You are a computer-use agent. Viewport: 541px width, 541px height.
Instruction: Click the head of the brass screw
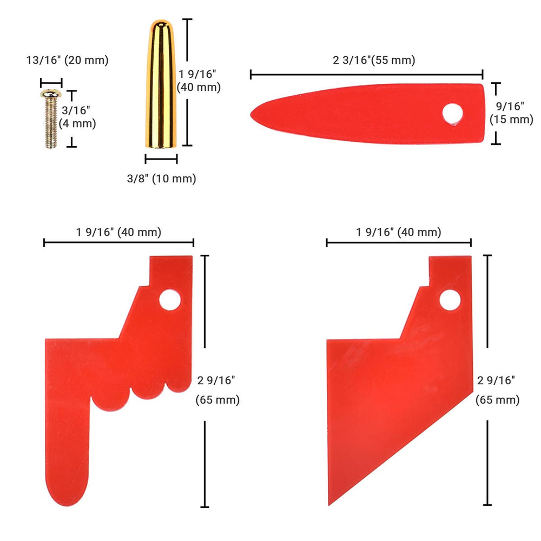click(51, 93)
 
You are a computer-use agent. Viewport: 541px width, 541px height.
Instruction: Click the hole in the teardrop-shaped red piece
click(452, 114)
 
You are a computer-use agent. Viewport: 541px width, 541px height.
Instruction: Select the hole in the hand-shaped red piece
click(170, 300)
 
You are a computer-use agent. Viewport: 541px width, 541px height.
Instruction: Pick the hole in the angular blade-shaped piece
click(450, 300)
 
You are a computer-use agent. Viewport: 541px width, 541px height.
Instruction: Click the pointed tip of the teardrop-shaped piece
click(251, 114)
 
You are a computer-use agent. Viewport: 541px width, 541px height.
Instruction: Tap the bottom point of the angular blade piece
click(329, 505)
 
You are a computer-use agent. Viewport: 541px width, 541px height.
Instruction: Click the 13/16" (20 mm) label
click(68, 60)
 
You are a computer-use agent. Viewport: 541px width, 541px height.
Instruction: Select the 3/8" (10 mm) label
click(161, 179)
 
